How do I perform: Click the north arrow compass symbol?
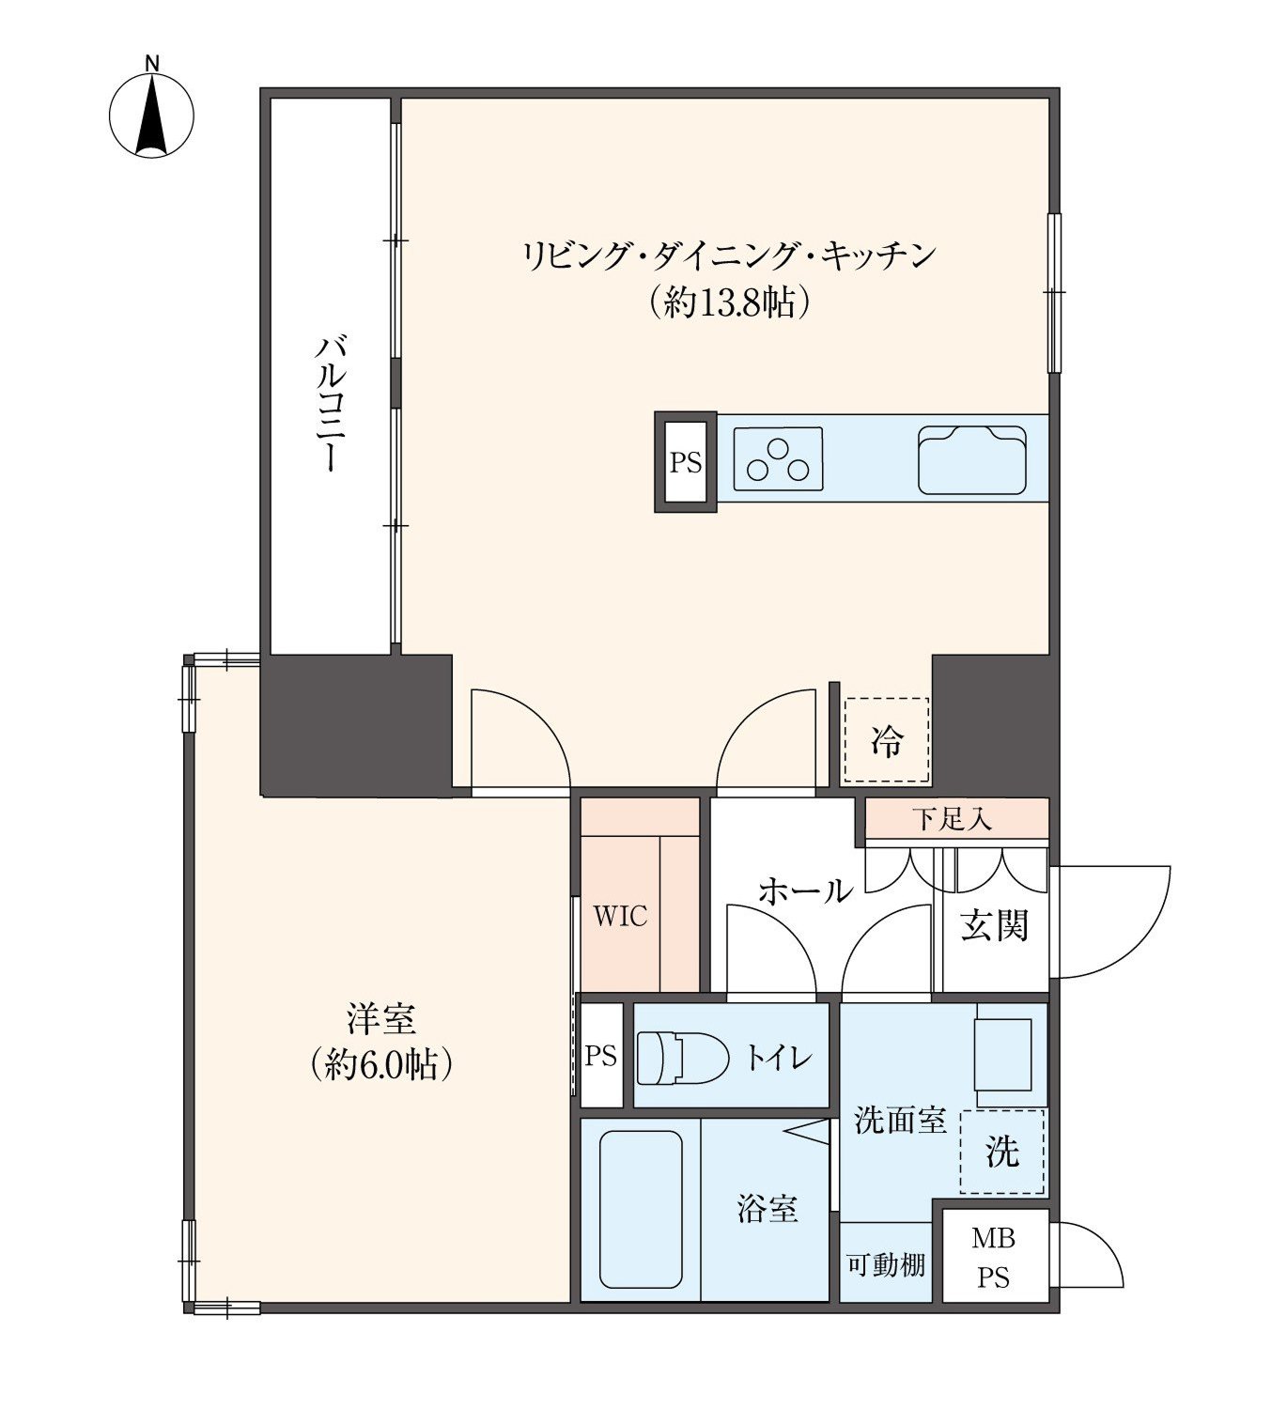[x=151, y=115]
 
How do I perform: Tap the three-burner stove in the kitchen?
[x=778, y=458]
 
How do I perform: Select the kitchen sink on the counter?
[x=971, y=459]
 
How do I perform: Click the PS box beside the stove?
[x=686, y=462]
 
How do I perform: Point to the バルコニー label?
[x=331, y=404]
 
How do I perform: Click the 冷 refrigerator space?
[x=887, y=740]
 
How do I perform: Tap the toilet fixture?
[x=683, y=1058]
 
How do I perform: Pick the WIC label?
[x=620, y=917]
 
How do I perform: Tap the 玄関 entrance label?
[x=994, y=925]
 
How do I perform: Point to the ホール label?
[x=805, y=890]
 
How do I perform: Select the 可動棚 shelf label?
[x=886, y=1264]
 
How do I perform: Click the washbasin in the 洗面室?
[x=1002, y=1054]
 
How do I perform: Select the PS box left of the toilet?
[x=601, y=1055]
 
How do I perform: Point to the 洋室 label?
[x=381, y=1018]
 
